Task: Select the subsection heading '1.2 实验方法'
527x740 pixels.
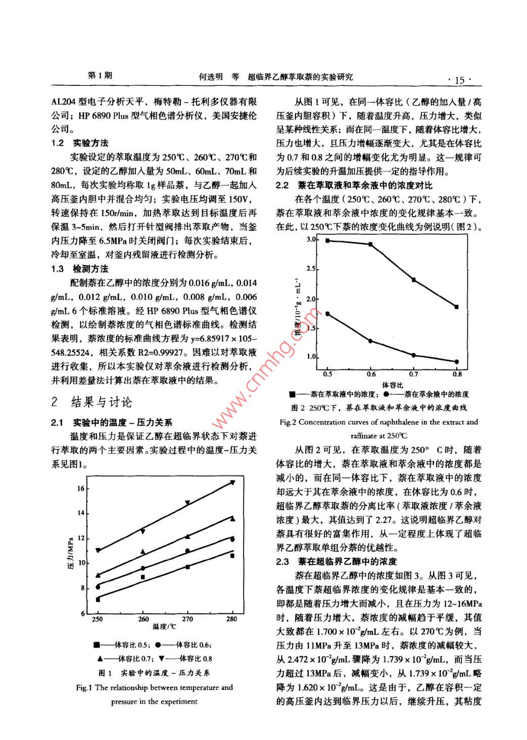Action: click(80, 143)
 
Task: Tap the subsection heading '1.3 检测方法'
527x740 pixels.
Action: click(80, 269)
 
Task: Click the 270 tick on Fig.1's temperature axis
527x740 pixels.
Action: click(187, 619)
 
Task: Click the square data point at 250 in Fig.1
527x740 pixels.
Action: click(98, 599)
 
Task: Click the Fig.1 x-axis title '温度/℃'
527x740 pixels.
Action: click(164, 627)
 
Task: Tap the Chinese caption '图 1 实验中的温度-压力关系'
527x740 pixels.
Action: click(154, 673)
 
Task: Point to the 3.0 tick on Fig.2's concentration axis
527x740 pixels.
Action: click(311, 239)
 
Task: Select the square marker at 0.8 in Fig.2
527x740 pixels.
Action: click(457, 307)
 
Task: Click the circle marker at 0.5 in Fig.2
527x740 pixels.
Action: click(327, 314)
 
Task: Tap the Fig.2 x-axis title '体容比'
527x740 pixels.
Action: click(393, 385)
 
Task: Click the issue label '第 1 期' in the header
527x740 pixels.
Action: click(100, 76)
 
